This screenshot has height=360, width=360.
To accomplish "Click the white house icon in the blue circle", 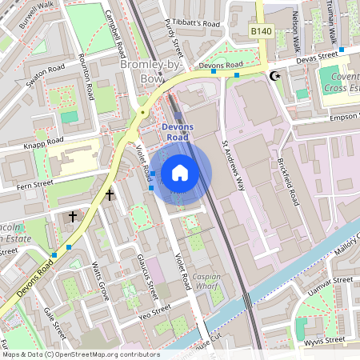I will (180, 172).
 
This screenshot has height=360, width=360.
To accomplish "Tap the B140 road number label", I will (259, 30).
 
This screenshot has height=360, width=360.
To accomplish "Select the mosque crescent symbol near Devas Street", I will (276, 75).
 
